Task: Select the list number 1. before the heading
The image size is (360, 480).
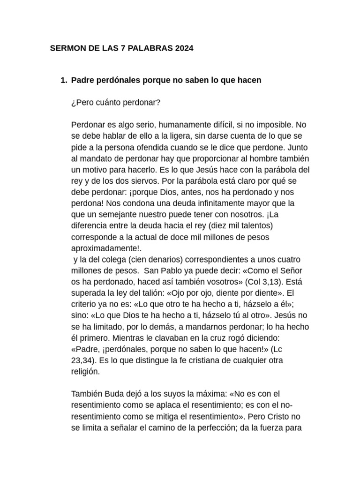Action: coord(64,81)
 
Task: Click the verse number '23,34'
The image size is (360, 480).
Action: coord(82,360)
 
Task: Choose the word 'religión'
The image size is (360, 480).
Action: coord(85,371)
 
